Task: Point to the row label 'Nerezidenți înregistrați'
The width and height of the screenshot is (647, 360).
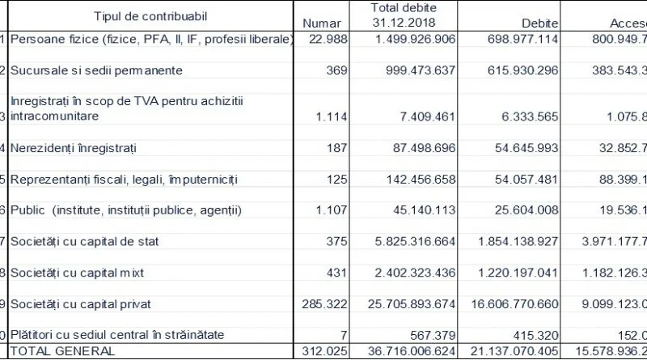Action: (73, 148)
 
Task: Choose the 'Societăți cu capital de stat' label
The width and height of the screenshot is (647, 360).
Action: (82, 241)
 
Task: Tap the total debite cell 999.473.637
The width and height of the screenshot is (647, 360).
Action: (410, 70)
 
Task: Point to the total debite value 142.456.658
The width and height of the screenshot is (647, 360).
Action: (410, 179)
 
